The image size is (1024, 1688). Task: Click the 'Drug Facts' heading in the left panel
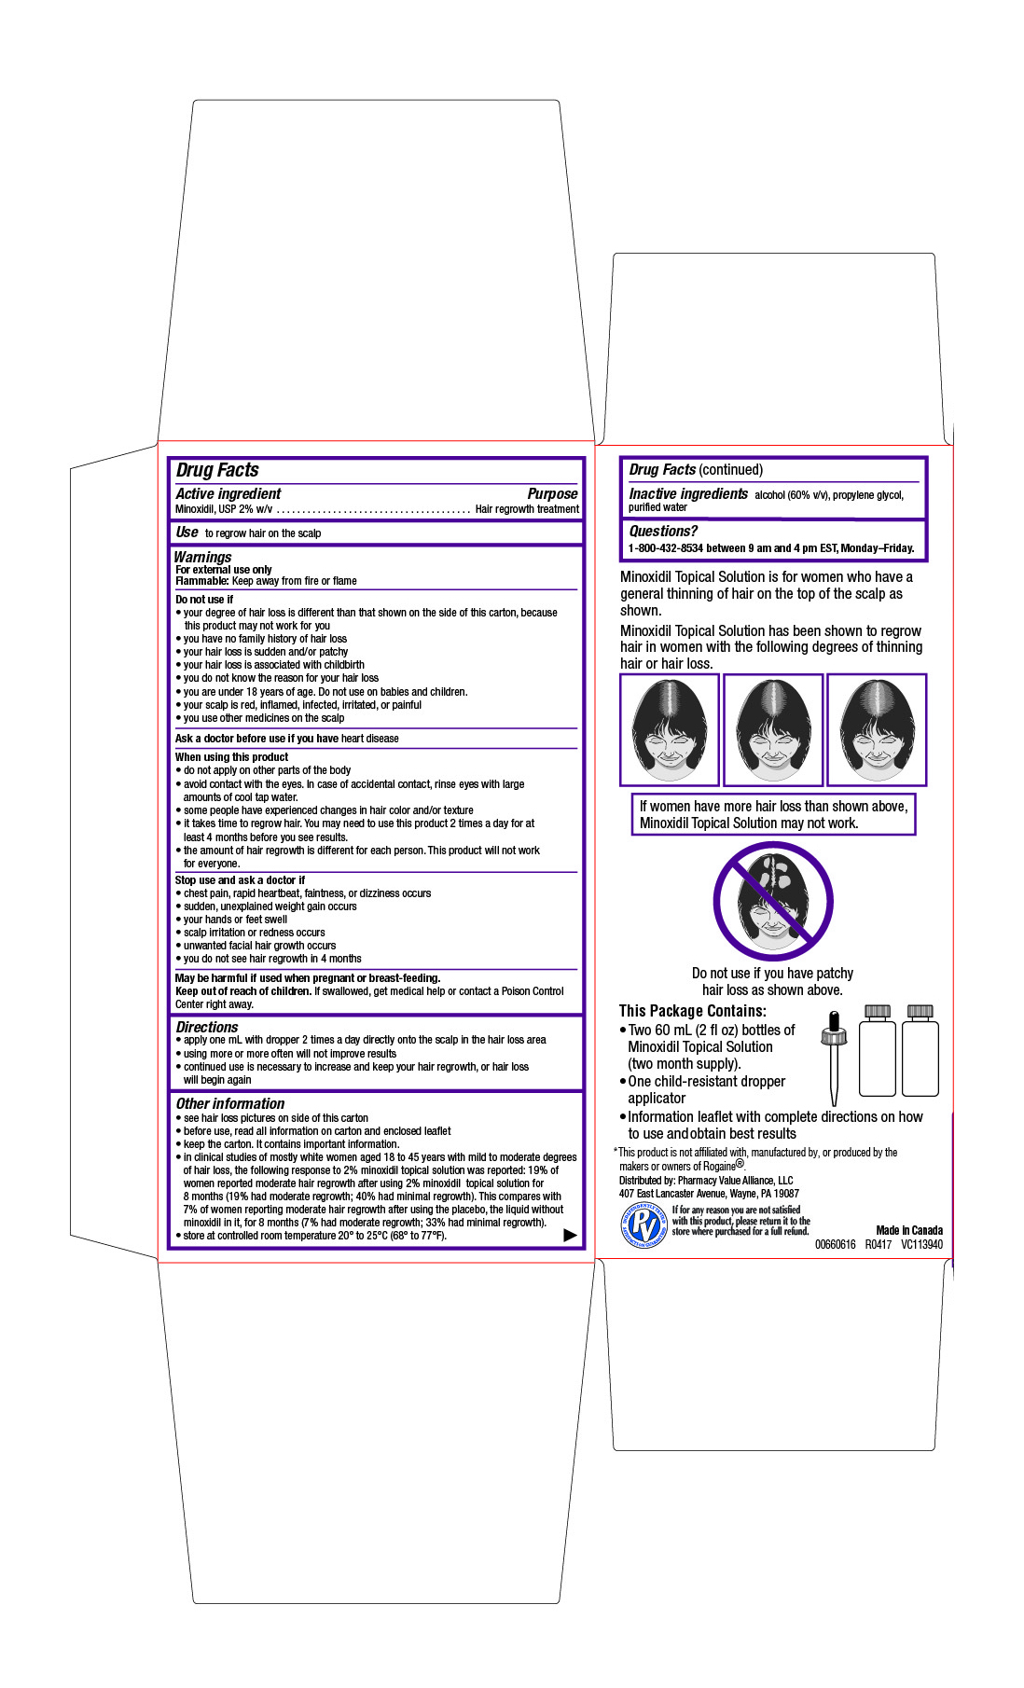coord(217,470)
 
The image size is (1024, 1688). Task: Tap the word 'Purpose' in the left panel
coord(552,493)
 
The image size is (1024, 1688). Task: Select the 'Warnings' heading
coord(202,557)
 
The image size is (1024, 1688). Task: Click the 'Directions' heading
coord(207,1027)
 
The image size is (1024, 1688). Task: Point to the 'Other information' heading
coord(230,1103)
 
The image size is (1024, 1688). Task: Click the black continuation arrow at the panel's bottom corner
coord(570,1235)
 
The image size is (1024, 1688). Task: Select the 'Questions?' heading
coord(663,531)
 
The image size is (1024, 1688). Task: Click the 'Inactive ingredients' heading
coord(688,493)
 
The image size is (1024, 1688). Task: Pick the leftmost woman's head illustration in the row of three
coord(670,729)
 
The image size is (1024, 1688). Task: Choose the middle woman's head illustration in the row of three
coord(773,729)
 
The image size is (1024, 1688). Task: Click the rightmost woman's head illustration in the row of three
coord(877,729)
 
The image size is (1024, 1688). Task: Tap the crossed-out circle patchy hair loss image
coord(773,901)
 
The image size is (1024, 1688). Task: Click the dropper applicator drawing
coord(834,1054)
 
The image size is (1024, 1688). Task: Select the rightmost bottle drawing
coord(920,1051)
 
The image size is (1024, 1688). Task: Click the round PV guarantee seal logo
coord(643,1224)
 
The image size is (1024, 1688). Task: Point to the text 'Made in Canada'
coord(909,1230)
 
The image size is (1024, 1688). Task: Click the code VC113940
coord(921,1244)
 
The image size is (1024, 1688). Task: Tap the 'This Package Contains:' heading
coord(693,1011)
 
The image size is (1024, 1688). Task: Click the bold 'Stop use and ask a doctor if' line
coord(240,879)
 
